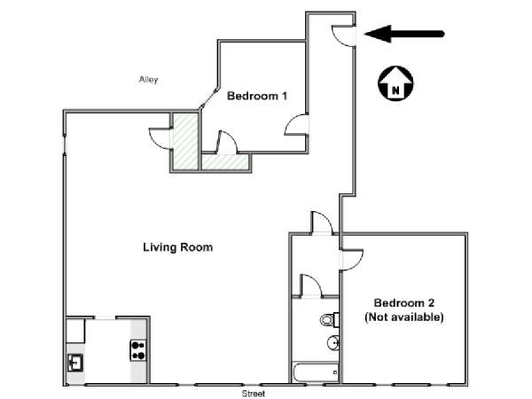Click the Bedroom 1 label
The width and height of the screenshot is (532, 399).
coord(257,96)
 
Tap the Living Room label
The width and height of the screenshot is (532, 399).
coord(178,247)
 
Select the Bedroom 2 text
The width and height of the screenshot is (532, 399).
coord(404,302)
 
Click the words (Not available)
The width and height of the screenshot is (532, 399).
coord(404,317)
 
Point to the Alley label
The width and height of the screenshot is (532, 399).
coord(148,80)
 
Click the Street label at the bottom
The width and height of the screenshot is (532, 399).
coord(253,394)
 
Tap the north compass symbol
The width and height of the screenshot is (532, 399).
coord(395,83)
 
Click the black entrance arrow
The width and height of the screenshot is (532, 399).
coord(403,34)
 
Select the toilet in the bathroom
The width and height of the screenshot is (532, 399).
coord(330,319)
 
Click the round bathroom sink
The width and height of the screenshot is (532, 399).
coord(333,343)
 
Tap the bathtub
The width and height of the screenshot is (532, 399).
coord(316,372)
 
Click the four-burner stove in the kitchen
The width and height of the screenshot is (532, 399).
coord(138,350)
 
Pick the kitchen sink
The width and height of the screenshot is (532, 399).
coord(75,363)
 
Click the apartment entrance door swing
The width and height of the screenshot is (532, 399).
coord(342,35)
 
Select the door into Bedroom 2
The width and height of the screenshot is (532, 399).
coord(352,260)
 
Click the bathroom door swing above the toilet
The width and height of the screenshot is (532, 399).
coord(310,286)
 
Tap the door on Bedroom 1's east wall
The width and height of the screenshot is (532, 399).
coord(296,124)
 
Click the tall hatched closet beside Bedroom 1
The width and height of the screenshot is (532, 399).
coord(185,142)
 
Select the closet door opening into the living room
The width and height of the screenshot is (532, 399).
coord(160,138)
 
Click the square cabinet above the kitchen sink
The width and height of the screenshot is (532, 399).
coord(75,331)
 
